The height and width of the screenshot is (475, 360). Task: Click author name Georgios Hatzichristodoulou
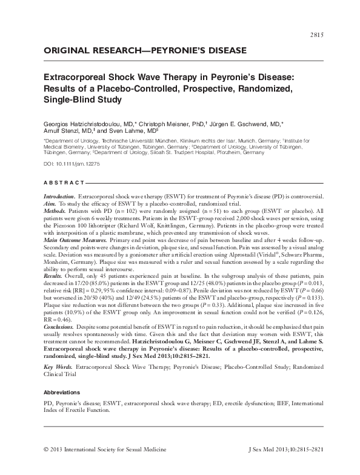coord(90,122)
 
